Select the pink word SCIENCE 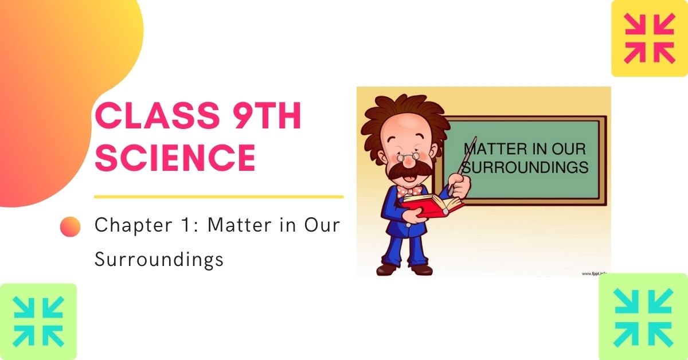point(175,156)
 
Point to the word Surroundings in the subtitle point(159,259)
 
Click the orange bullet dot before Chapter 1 point(71,226)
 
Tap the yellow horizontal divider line point(218,197)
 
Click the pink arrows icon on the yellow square point(649,38)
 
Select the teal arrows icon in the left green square point(38,322)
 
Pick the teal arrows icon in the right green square point(643,318)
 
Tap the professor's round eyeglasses point(408,156)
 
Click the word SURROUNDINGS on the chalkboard point(525,167)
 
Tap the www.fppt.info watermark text point(595,273)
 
